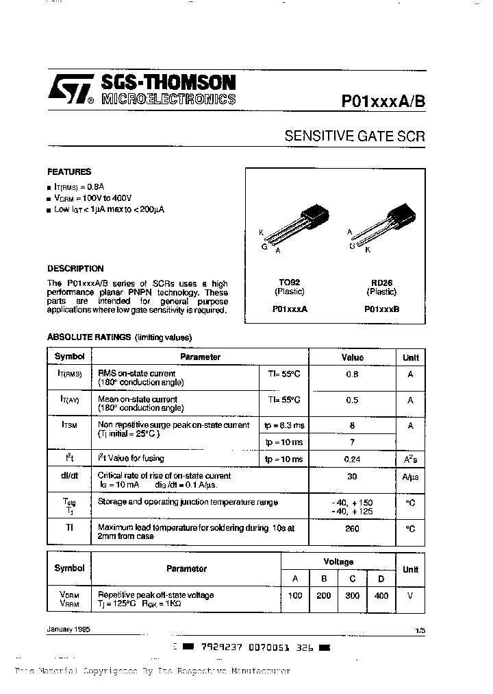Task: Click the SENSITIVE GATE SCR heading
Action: (355, 136)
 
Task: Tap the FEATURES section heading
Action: (68, 172)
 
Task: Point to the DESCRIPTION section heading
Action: (75, 269)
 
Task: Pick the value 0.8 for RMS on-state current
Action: (352, 374)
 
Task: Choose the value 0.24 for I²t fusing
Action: (352, 459)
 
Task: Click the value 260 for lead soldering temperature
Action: (352, 529)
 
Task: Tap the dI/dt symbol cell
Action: (69, 475)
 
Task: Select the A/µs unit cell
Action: (410, 477)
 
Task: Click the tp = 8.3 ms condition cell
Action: (284, 426)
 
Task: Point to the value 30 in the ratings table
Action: (352, 477)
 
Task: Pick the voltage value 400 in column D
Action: (381, 596)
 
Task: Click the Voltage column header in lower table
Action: (339, 562)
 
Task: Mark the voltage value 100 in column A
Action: (295, 596)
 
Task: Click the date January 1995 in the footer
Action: (68, 629)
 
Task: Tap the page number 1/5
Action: (419, 630)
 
